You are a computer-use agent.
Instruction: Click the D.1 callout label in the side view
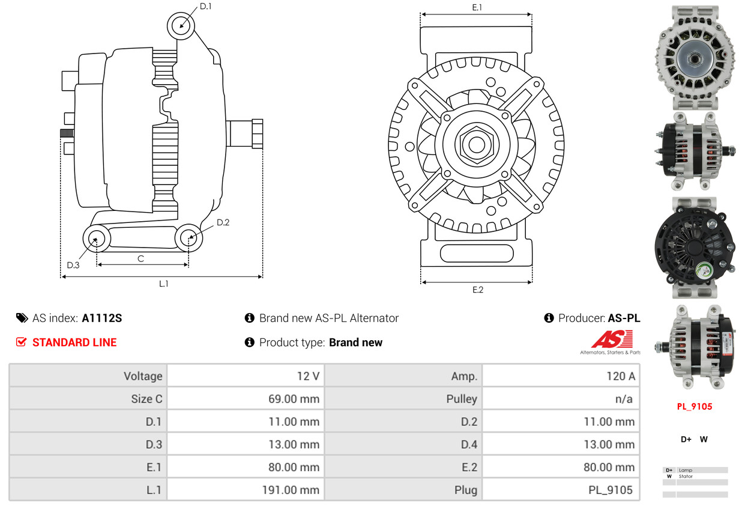205,6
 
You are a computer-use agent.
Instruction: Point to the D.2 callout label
223,222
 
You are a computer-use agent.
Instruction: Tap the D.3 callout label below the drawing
73,265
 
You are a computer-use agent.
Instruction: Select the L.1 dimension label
164,284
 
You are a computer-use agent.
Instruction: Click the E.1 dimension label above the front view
477,7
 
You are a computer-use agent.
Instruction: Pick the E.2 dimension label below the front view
478,290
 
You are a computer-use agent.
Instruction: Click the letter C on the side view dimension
141,258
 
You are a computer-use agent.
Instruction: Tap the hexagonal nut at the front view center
476,145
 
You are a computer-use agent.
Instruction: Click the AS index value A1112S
102,318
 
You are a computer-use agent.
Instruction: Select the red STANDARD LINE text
74,342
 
